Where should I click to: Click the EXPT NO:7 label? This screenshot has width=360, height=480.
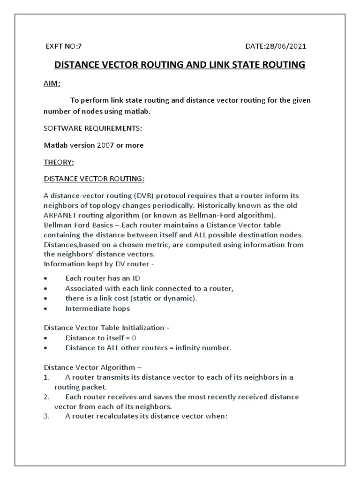(x=63, y=46)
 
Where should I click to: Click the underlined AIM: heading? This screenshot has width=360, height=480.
(x=52, y=83)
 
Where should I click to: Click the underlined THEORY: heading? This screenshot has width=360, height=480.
(x=59, y=162)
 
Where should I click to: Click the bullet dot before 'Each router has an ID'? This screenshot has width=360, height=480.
(x=45, y=278)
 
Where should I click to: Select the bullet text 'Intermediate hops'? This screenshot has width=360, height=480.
(x=97, y=308)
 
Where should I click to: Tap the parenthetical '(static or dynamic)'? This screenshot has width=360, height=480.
(x=163, y=298)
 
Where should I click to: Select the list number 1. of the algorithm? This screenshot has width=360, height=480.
(x=46, y=377)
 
